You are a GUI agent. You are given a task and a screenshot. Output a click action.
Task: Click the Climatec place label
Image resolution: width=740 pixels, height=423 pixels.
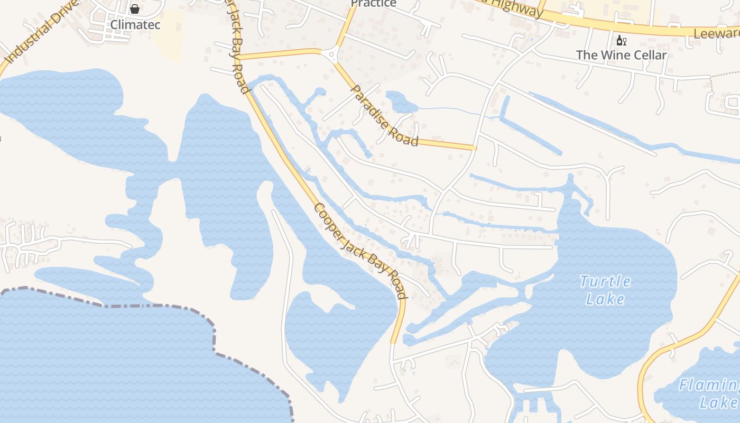135,24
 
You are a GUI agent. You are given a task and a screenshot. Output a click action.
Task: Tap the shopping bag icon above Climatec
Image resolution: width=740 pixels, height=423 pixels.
135,9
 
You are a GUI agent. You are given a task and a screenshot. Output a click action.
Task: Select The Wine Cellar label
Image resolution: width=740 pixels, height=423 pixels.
621,55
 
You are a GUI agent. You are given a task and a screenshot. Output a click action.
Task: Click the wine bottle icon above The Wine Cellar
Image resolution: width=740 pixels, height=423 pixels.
621,41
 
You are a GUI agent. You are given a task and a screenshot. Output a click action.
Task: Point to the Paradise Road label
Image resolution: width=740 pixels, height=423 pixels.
384,116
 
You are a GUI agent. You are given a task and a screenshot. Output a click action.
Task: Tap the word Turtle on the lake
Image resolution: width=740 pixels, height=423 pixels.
605,281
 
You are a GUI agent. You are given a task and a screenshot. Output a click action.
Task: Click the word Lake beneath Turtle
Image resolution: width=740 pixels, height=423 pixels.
605,299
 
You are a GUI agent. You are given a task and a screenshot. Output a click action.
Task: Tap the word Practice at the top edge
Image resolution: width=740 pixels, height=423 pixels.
373,4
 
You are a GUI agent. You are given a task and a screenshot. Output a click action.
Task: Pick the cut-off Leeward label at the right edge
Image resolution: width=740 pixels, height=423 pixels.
716,34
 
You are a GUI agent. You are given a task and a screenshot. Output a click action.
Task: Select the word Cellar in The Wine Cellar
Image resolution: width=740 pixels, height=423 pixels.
647,55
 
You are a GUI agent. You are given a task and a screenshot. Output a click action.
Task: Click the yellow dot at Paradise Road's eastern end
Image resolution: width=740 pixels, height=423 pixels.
475,148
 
